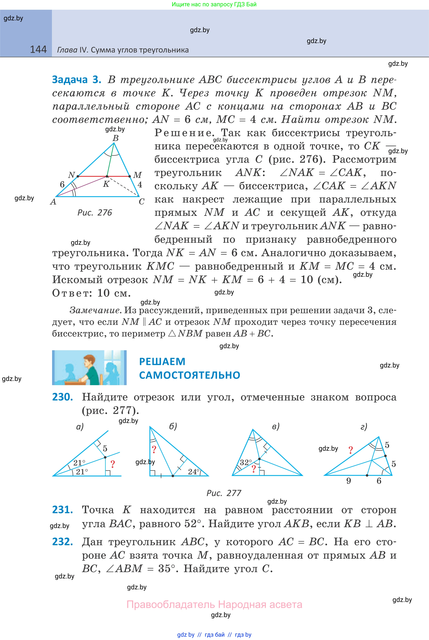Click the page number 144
(x=38, y=50)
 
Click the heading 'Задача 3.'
(x=77, y=80)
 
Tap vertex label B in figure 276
(x=115, y=138)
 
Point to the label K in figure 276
(x=106, y=184)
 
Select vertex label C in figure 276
(x=142, y=202)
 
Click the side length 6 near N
(x=62, y=184)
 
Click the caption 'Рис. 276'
(x=95, y=213)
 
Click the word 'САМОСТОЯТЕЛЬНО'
(x=190, y=375)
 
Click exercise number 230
(x=62, y=397)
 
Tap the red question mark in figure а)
(x=113, y=464)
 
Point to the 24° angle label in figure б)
(x=194, y=472)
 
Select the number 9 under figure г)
(x=349, y=481)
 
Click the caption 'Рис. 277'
(x=224, y=493)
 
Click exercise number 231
(x=62, y=510)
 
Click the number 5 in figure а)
(x=105, y=448)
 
